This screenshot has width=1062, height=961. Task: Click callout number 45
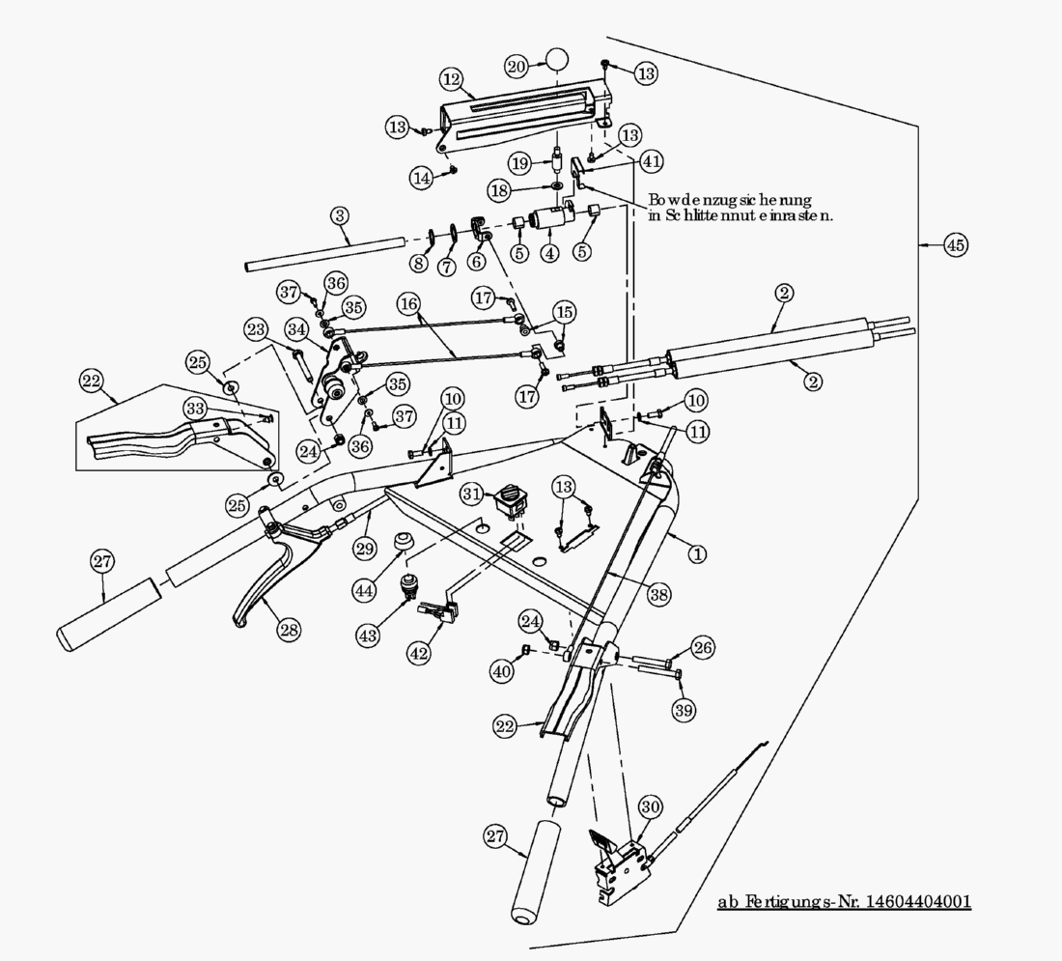tap(955, 245)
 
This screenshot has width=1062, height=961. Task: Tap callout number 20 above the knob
tap(517, 66)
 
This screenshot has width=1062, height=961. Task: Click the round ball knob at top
tap(556, 58)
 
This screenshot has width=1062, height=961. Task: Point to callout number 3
tap(339, 214)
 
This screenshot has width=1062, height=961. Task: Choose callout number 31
tap(470, 494)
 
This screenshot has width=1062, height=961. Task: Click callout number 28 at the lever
tap(288, 630)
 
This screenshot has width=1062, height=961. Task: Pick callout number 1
tap(696, 554)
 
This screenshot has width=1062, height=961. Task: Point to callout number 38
tap(658, 596)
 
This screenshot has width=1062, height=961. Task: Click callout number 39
tap(684, 710)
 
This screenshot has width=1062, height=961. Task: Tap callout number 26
tap(702, 647)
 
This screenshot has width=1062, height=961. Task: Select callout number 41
tap(653, 160)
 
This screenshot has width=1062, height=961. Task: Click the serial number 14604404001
tap(919, 901)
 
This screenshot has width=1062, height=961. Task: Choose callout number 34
tap(296, 329)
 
